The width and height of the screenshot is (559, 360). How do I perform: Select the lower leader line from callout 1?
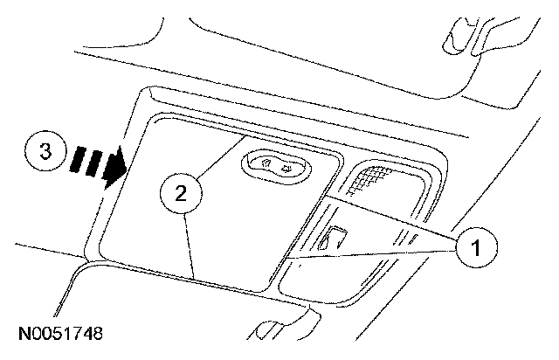367,254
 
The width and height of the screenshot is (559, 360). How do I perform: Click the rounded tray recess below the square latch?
349,280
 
